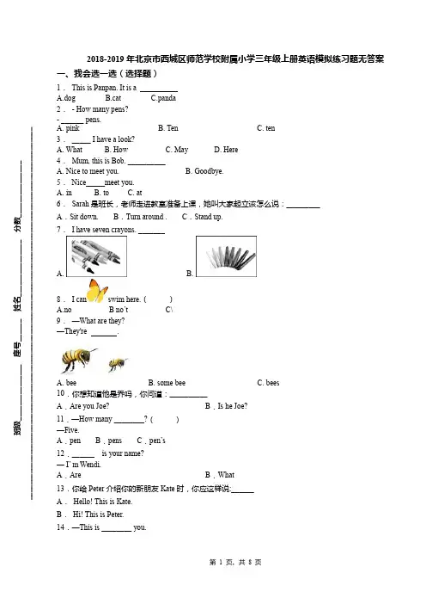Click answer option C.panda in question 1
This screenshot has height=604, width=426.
click(x=163, y=98)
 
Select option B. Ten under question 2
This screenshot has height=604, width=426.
click(x=168, y=128)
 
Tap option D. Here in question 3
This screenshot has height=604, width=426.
click(x=226, y=150)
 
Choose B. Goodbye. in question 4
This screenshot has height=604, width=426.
click(x=204, y=171)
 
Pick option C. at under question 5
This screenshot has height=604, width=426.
click(x=135, y=193)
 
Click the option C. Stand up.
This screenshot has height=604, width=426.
click(x=202, y=217)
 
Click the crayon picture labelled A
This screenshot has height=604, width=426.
click(x=96, y=256)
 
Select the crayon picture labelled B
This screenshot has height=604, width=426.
click(x=226, y=256)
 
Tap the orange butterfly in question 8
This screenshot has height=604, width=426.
click(x=97, y=291)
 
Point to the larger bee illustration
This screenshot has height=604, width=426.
click(x=78, y=360)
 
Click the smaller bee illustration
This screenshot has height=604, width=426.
click(x=118, y=364)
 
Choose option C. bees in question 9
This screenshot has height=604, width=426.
click(x=268, y=383)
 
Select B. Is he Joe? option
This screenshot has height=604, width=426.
click(x=226, y=406)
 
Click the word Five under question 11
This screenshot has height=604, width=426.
click(x=71, y=430)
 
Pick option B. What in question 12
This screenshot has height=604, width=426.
click(x=220, y=475)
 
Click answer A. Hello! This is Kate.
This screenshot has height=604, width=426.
click(x=94, y=502)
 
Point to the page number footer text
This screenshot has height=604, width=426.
click(x=235, y=563)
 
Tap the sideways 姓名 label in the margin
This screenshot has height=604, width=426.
click(x=18, y=304)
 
